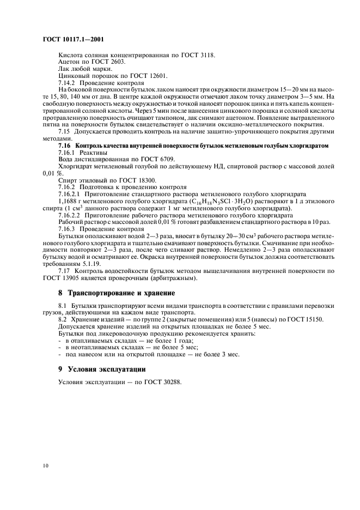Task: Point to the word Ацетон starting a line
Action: (69, 62)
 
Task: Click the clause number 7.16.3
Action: (69, 229)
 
